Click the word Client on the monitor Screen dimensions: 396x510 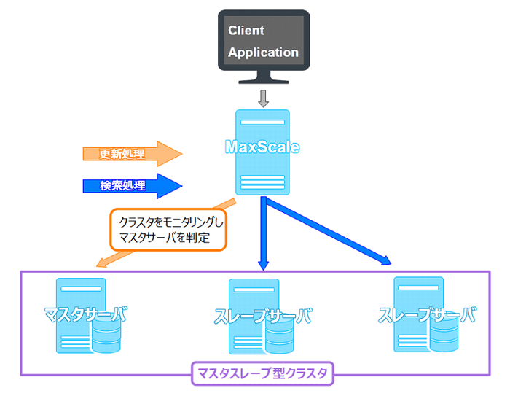click(246, 31)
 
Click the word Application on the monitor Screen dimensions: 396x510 click(263, 53)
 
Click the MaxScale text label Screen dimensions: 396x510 click(262, 147)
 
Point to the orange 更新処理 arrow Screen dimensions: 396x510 click(131, 154)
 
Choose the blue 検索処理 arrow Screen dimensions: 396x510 click(131, 185)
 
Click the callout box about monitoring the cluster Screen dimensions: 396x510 click(168, 229)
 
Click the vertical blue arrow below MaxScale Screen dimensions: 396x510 click(263, 233)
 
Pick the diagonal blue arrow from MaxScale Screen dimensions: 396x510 click(328, 235)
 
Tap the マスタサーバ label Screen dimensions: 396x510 click(85, 315)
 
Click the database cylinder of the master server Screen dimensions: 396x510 click(106, 337)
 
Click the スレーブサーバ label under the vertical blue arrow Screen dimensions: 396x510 click(263, 317)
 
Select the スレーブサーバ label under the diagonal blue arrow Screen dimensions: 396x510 click(427, 315)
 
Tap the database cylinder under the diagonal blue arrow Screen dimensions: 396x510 click(445, 335)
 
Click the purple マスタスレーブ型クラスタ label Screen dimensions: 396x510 click(262, 374)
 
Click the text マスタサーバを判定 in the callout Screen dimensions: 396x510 click(165, 238)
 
